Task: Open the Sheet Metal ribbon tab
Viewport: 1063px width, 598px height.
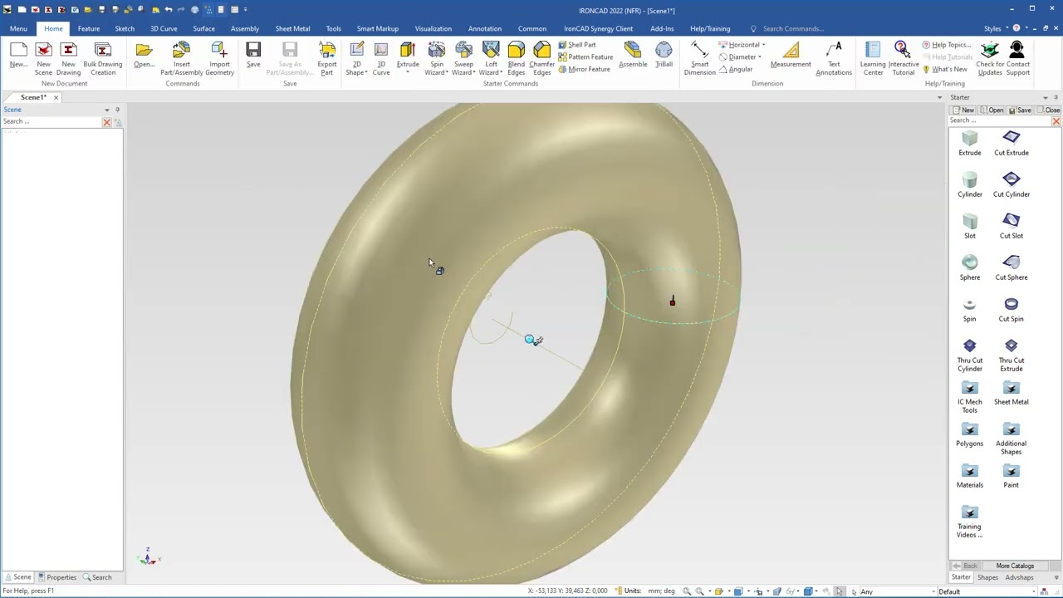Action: pos(292,28)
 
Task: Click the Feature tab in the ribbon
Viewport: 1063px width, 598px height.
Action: pos(89,28)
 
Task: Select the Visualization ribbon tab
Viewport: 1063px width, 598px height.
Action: pos(434,28)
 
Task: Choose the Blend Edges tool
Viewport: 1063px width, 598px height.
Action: pos(516,57)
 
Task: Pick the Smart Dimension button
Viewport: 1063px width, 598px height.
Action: pos(699,57)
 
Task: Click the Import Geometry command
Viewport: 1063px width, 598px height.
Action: pos(219,57)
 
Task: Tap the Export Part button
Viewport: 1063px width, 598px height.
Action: pos(326,57)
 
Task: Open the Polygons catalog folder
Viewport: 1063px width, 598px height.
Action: pos(969,434)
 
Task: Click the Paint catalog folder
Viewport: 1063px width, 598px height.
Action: pos(1011,475)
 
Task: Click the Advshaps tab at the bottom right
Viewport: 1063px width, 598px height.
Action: pos(1019,577)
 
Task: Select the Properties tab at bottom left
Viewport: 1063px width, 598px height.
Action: pos(57,577)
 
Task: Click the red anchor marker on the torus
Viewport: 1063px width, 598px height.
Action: pos(673,301)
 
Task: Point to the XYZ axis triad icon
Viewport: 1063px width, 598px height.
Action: pos(148,557)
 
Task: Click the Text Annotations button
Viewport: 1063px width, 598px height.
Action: pos(834,57)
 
